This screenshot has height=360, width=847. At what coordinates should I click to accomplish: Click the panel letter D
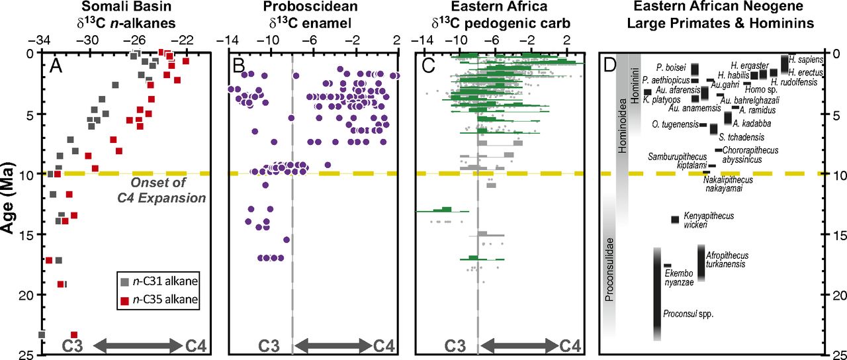[x=609, y=64]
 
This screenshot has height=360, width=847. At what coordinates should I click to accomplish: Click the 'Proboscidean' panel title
[x=311, y=8]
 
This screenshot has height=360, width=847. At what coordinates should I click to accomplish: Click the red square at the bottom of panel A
[x=74, y=335]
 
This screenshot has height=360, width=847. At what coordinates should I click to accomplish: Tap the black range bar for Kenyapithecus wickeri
[x=675, y=220]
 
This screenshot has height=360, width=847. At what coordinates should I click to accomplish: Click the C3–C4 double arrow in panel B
[x=332, y=345]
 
